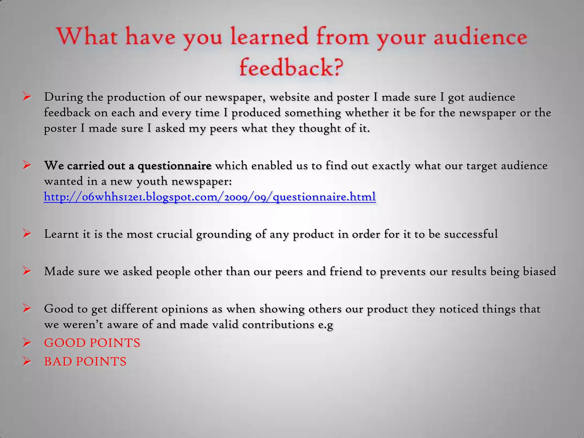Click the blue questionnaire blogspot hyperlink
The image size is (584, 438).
210,197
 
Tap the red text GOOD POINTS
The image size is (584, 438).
92,343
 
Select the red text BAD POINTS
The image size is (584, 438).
85,362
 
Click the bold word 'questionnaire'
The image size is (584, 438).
175,166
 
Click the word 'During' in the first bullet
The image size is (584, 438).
64,97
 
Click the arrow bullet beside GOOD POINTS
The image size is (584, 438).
27,343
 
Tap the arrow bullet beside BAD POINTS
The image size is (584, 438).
27,362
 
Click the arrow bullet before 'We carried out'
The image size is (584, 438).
27,165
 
